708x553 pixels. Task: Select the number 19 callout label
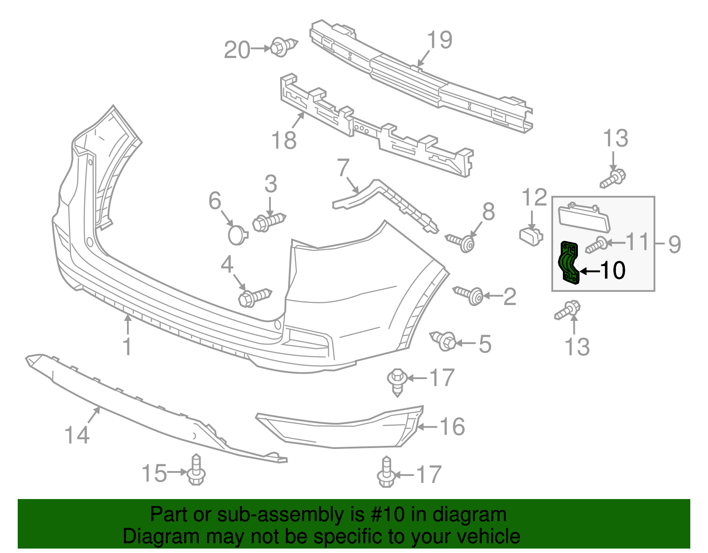point(439,40)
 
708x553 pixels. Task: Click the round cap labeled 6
point(238,235)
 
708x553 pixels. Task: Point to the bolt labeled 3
point(268,221)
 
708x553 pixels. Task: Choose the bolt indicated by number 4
point(254,297)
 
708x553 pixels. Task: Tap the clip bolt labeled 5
point(444,341)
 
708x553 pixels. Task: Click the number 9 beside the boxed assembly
point(674,244)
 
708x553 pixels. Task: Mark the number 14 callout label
point(77,435)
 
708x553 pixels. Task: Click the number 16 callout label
point(452,427)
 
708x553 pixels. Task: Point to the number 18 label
point(284,140)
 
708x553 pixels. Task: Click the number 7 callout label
point(343,168)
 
